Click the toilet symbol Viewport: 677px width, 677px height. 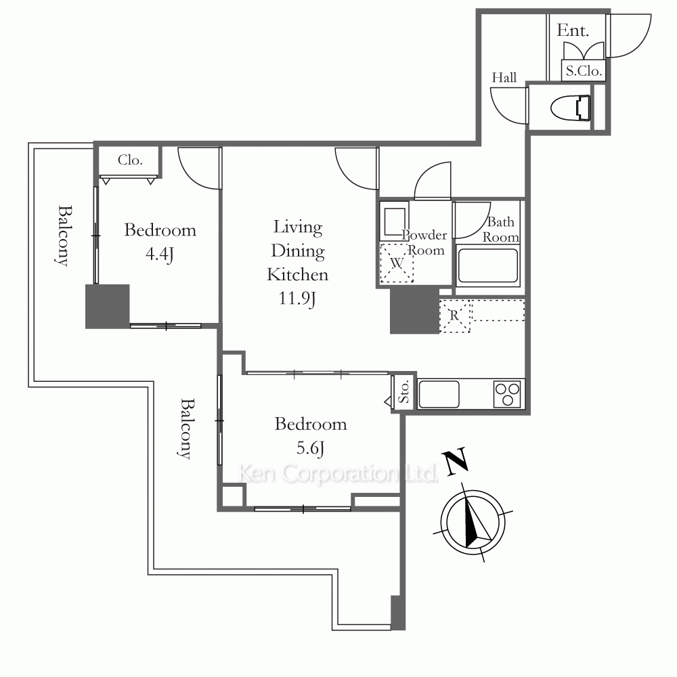571,108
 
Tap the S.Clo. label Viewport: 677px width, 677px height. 584,71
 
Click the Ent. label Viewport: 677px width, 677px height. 573,30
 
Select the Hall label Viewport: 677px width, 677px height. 504,78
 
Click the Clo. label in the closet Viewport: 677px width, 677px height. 130,160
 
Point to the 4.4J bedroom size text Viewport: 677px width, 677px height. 160,254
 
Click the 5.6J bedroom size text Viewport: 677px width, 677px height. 311,448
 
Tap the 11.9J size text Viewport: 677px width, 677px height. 297,299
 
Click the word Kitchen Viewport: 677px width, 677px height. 297,275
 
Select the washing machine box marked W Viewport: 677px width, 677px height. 397,263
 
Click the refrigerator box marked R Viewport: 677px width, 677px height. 455,316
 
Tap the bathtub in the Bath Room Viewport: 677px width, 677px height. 488,266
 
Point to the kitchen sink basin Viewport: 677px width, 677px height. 439,394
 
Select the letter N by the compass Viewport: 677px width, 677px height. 455,461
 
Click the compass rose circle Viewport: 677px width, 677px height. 473,523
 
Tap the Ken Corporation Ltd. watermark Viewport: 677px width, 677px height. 338,474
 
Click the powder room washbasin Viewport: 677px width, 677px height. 394,221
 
